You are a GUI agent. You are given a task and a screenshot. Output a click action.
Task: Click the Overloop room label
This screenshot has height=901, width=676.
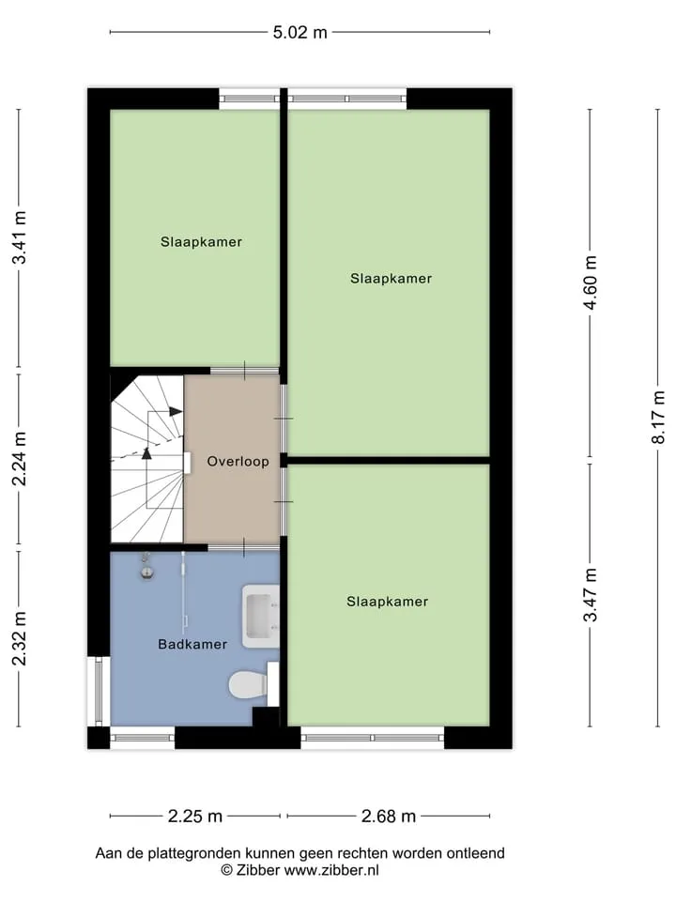[238, 462]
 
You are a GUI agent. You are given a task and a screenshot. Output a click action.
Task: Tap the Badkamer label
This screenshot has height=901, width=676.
[192, 644]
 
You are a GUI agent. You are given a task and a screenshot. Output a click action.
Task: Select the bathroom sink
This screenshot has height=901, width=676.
[260, 616]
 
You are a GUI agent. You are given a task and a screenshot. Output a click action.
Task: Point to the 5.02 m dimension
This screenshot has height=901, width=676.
[300, 32]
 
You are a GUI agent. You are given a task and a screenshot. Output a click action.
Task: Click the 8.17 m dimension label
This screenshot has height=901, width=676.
[658, 417]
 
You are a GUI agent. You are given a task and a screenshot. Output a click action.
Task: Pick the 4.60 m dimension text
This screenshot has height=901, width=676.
[591, 283]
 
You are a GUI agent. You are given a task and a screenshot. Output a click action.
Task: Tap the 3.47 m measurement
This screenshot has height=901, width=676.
[591, 595]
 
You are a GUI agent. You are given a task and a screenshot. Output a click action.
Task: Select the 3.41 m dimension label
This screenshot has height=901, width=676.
[20, 237]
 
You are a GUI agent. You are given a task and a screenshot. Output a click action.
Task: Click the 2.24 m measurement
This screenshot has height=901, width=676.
[20, 459]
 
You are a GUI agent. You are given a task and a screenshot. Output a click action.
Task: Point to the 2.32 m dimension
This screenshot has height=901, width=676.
[20, 638]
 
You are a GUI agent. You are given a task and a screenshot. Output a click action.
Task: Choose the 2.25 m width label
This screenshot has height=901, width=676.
[195, 816]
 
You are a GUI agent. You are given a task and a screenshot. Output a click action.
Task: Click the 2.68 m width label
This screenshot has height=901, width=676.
[388, 816]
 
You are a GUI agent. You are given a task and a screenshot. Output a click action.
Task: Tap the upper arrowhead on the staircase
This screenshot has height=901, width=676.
[176, 411]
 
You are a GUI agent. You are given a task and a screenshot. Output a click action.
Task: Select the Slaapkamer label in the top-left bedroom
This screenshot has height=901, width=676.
[201, 242]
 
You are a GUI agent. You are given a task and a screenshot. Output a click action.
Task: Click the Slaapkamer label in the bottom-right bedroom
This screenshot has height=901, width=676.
[388, 602]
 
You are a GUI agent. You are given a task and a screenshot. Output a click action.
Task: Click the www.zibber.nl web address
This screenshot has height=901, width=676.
[331, 870]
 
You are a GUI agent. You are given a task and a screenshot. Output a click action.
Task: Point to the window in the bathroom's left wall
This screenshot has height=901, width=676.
[99, 692]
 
